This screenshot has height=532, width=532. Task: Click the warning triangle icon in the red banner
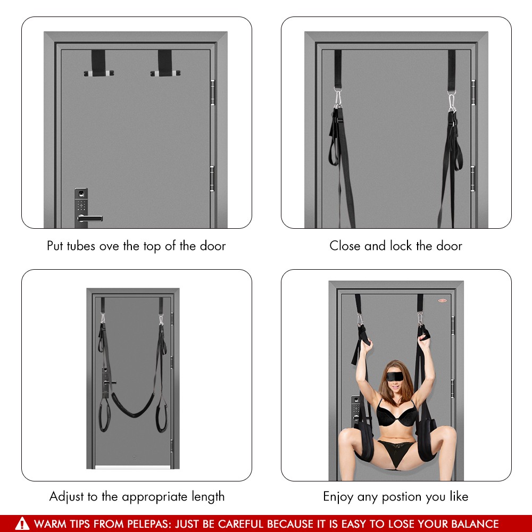22,523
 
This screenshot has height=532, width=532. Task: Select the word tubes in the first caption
81,246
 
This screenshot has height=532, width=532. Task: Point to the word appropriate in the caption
154,497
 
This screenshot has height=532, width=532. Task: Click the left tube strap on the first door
98,63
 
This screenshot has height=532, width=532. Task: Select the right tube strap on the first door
165,63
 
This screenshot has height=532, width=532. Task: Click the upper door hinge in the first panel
212,92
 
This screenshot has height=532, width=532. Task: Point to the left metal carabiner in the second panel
338,98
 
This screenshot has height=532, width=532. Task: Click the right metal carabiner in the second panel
452,101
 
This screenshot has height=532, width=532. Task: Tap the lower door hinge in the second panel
473,178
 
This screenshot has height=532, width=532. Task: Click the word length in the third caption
208,496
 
